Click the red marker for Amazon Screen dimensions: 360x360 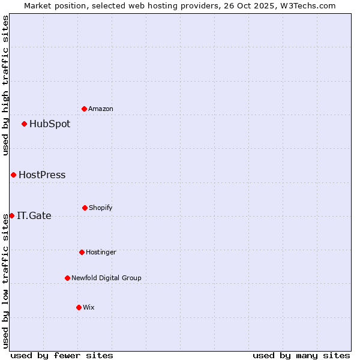84,109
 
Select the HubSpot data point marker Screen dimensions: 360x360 24,124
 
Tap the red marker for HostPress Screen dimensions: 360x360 13,175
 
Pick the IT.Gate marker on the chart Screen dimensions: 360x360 11,216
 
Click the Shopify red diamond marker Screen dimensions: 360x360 85,208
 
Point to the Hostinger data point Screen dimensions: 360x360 82,252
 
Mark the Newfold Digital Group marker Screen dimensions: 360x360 67,278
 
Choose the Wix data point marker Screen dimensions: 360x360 79,307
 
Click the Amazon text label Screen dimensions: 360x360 101,109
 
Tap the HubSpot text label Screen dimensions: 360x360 50,124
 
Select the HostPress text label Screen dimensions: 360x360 42,175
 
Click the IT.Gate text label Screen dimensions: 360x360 34,216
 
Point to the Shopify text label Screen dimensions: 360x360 101,208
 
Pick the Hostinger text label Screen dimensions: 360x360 101,253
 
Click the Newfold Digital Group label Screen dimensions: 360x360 106,278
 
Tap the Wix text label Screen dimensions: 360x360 89,308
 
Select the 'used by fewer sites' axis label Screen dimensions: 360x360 62,355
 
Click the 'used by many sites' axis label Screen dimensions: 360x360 301,355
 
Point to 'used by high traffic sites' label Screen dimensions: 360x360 5,86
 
